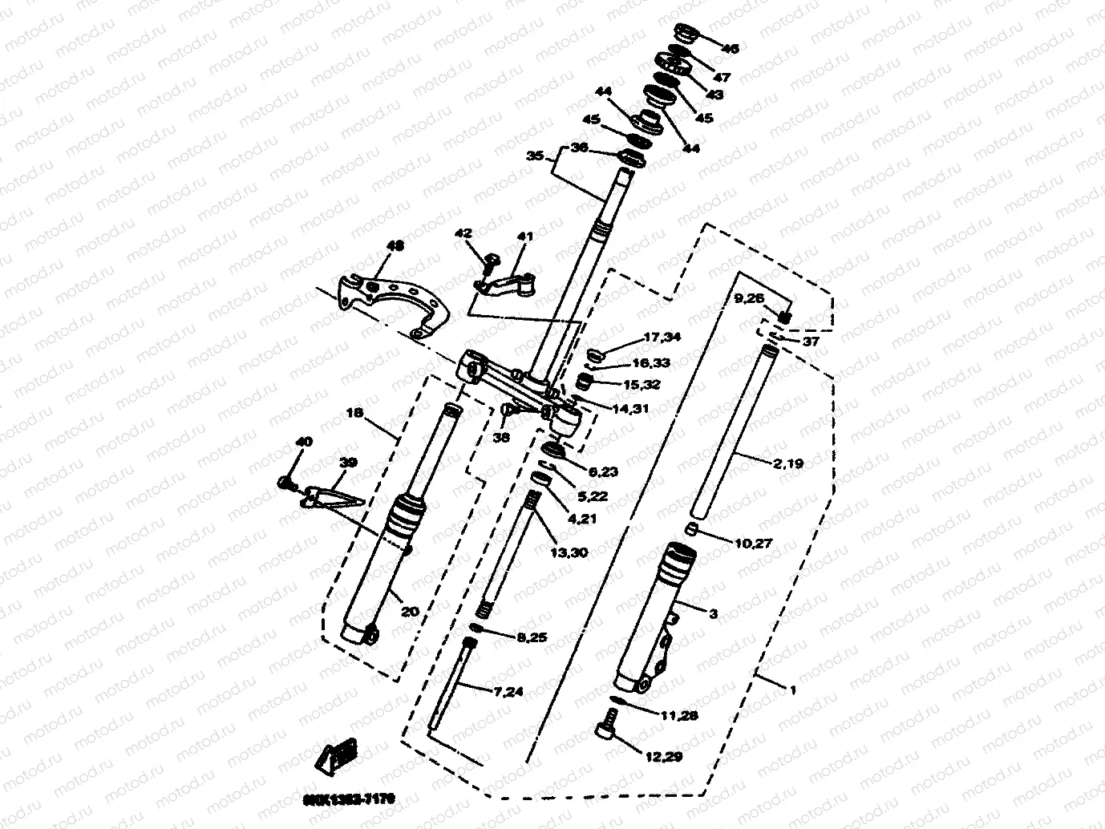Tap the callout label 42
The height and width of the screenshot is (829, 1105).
pyautogui.click(x=463, y=233)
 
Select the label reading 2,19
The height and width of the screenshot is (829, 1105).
pyautogui.click(x=787, y=463)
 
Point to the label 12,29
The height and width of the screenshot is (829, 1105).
pyautogui.click(x=662, y=756)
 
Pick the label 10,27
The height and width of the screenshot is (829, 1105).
pyautogui.click(x=753, y=544)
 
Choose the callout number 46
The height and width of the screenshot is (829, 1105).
pyautogui.click(x=730, y=48)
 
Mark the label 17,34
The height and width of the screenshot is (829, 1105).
pyautogui.click(x=662, y=337)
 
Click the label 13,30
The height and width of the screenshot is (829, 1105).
pyautogui.click(x=569, y=553)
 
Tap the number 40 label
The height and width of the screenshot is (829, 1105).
pyautogui.click(x=304, y=442)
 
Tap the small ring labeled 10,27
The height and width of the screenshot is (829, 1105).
pyautogui.click(x=691, y=529)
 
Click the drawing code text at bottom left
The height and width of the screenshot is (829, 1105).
pyautogui.click(x=349, y=799)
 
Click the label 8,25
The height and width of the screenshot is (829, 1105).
pyautogui.click(x=532, y=637)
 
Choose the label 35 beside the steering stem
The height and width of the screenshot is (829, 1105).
pyautogui.click(x=535, y=156)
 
